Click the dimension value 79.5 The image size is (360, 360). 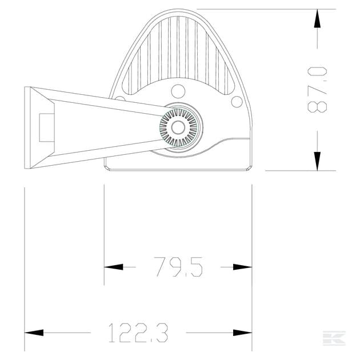pos(179,267)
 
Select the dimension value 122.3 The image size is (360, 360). pos(138,333)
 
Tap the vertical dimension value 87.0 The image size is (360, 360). pos(317,90)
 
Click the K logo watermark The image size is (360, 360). pos(334,338)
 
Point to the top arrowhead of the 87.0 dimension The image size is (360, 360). pos(317,18)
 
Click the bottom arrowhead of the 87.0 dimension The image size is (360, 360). pos(317,161)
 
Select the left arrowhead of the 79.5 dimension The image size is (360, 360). pos(113,267)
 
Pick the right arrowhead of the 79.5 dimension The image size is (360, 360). pos(242,267)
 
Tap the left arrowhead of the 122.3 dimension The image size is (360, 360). pos(34,333)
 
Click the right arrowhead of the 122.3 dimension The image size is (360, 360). pos(242,333)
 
